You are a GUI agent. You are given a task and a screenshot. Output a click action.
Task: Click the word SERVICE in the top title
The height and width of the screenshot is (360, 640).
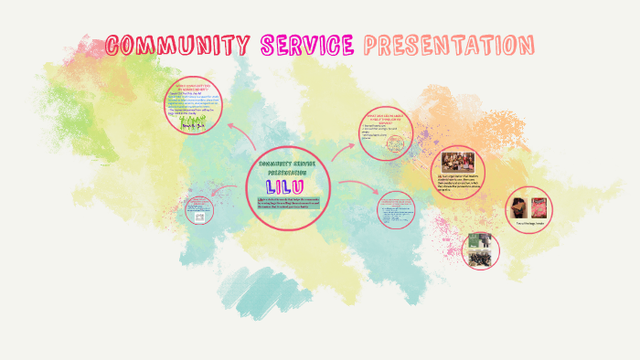(307, 44)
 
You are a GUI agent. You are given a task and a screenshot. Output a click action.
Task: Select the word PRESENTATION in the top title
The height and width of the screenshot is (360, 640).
(448, 44)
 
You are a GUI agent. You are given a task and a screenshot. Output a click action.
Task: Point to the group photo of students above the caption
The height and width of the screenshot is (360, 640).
(456, 161)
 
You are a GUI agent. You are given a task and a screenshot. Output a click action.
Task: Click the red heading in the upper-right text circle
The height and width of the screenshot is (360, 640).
(386, 121)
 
